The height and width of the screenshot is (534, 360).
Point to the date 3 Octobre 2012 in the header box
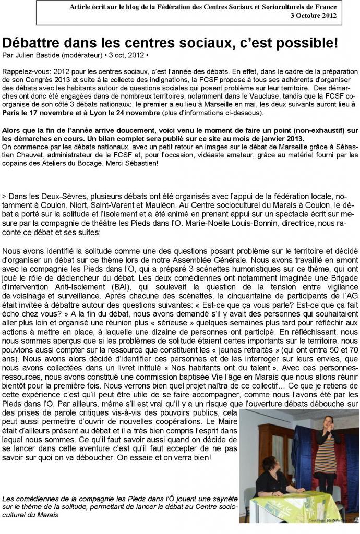(x=313, y=15)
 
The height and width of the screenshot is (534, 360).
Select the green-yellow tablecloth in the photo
(x=295, y=508)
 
